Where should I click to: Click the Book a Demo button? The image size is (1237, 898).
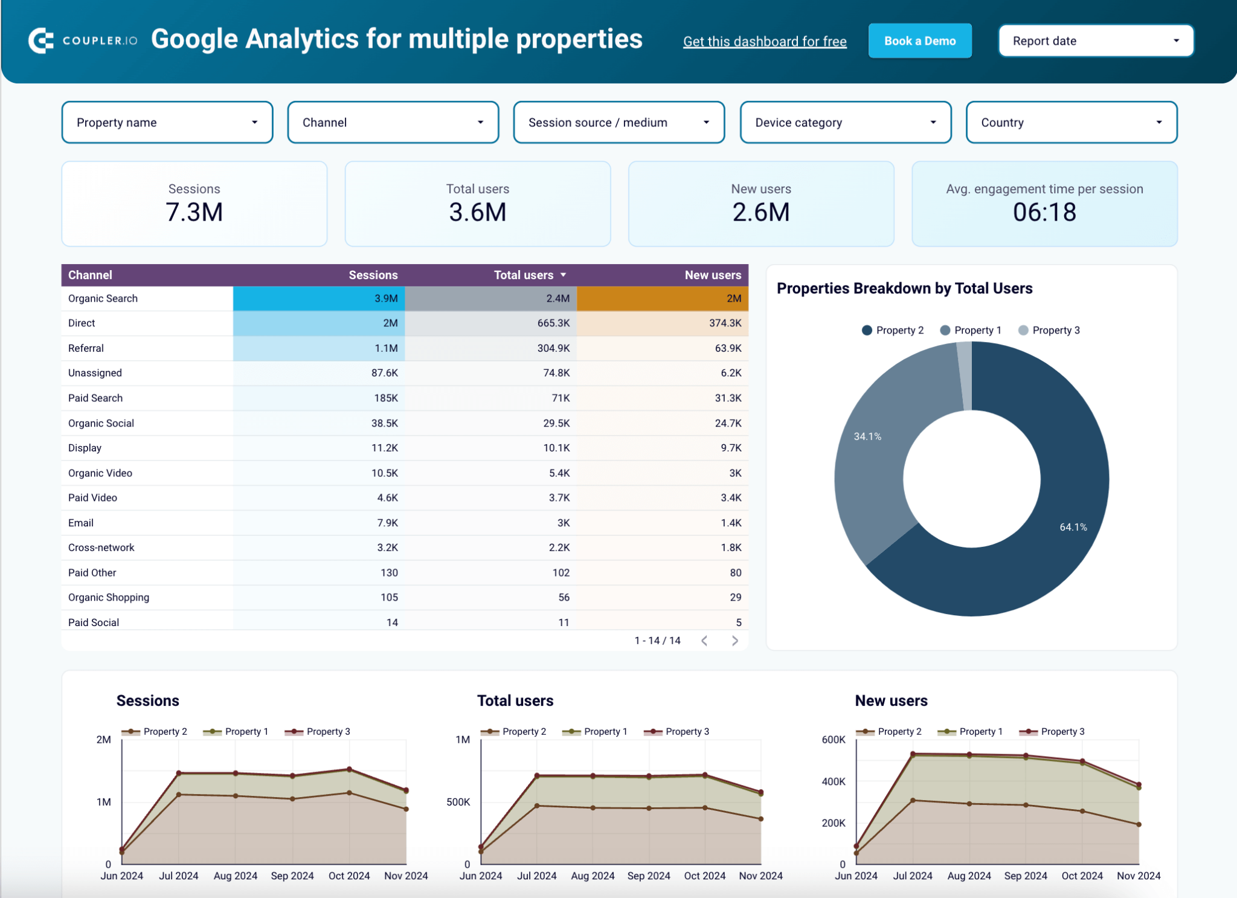919,41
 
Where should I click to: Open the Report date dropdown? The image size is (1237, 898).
1096,41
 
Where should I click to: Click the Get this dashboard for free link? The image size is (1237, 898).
765,42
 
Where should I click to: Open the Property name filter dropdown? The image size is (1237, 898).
167,123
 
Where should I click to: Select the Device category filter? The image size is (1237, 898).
845,123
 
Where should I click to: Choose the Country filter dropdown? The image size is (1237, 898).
1071,123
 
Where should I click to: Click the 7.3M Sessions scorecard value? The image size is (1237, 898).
194,212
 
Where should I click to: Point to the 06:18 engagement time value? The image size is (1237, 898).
1044,212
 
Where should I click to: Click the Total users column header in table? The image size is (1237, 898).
523,275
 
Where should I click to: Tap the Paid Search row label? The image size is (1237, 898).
95,398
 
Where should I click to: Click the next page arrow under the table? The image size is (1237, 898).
734,641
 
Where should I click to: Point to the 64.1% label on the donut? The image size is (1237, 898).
1073,527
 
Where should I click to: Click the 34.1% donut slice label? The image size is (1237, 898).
867,436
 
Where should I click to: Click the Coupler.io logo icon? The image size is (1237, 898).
40,41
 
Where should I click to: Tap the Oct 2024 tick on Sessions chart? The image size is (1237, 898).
349,876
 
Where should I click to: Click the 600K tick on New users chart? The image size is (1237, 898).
833,740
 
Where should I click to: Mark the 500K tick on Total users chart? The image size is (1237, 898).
458,802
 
